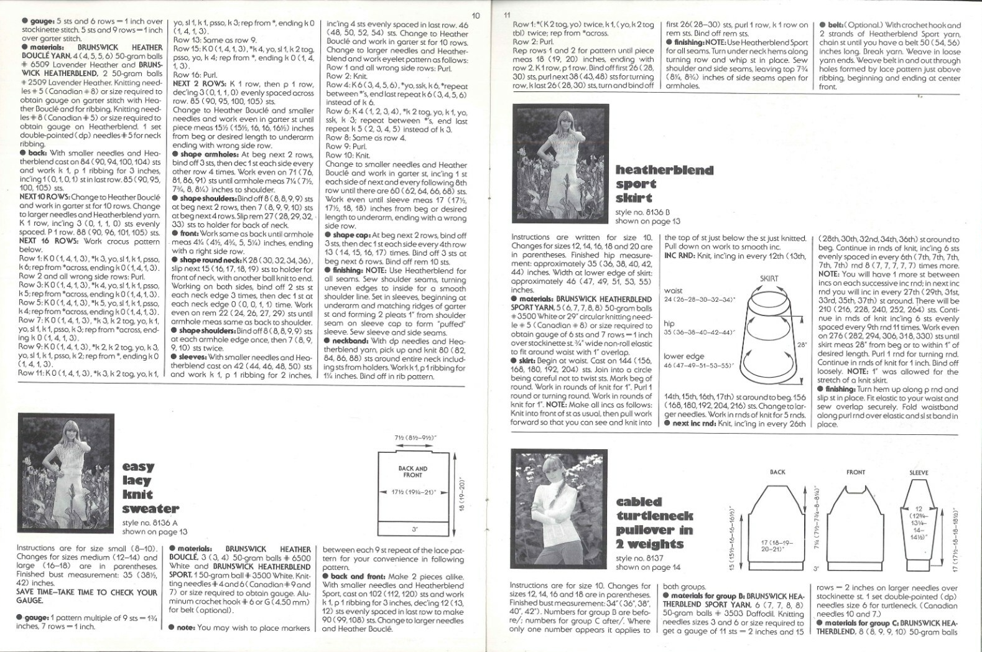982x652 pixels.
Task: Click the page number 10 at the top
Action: click(476, 16)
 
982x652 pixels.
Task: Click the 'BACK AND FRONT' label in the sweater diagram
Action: click(412, 472)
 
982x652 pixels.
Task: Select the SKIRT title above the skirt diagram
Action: click(769, 279)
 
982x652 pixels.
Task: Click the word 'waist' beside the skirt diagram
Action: click(674, 291)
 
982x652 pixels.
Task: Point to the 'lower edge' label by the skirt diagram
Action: click(683, 356)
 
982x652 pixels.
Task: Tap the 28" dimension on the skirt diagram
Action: click(802, 344)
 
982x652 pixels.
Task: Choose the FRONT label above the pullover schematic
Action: click(855, 472)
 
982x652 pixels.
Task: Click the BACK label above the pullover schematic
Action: click(777, 472)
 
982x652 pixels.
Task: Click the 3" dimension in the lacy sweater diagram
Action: click(413, 529)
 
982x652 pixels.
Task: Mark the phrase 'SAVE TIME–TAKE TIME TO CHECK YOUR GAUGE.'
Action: click(87, 597)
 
